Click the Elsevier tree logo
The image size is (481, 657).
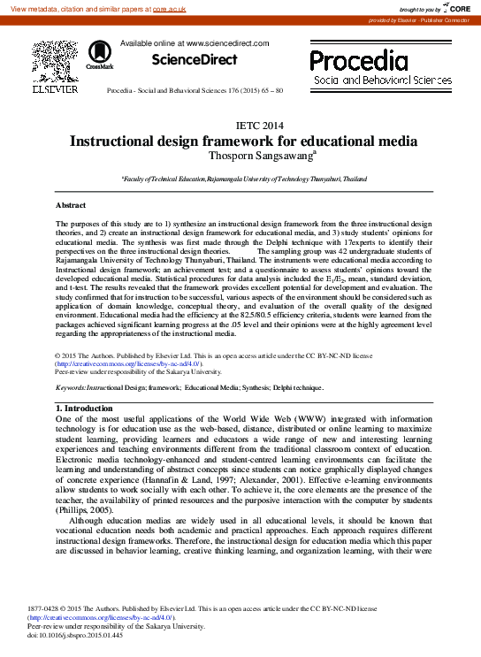pos(55,61)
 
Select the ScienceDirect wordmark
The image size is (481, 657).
pos(195,60)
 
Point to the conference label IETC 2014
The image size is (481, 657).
pos(261,126)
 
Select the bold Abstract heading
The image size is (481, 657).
pos(71,205)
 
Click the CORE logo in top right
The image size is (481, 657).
pos(455,8)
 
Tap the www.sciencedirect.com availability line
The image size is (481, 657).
pos(194,43)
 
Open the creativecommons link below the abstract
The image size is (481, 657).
pos(128,363)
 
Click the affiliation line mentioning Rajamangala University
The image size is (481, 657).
pos(243,178)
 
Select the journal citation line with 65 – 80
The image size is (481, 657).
pos(195,91)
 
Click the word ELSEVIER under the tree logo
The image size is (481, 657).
pos(55,88)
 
